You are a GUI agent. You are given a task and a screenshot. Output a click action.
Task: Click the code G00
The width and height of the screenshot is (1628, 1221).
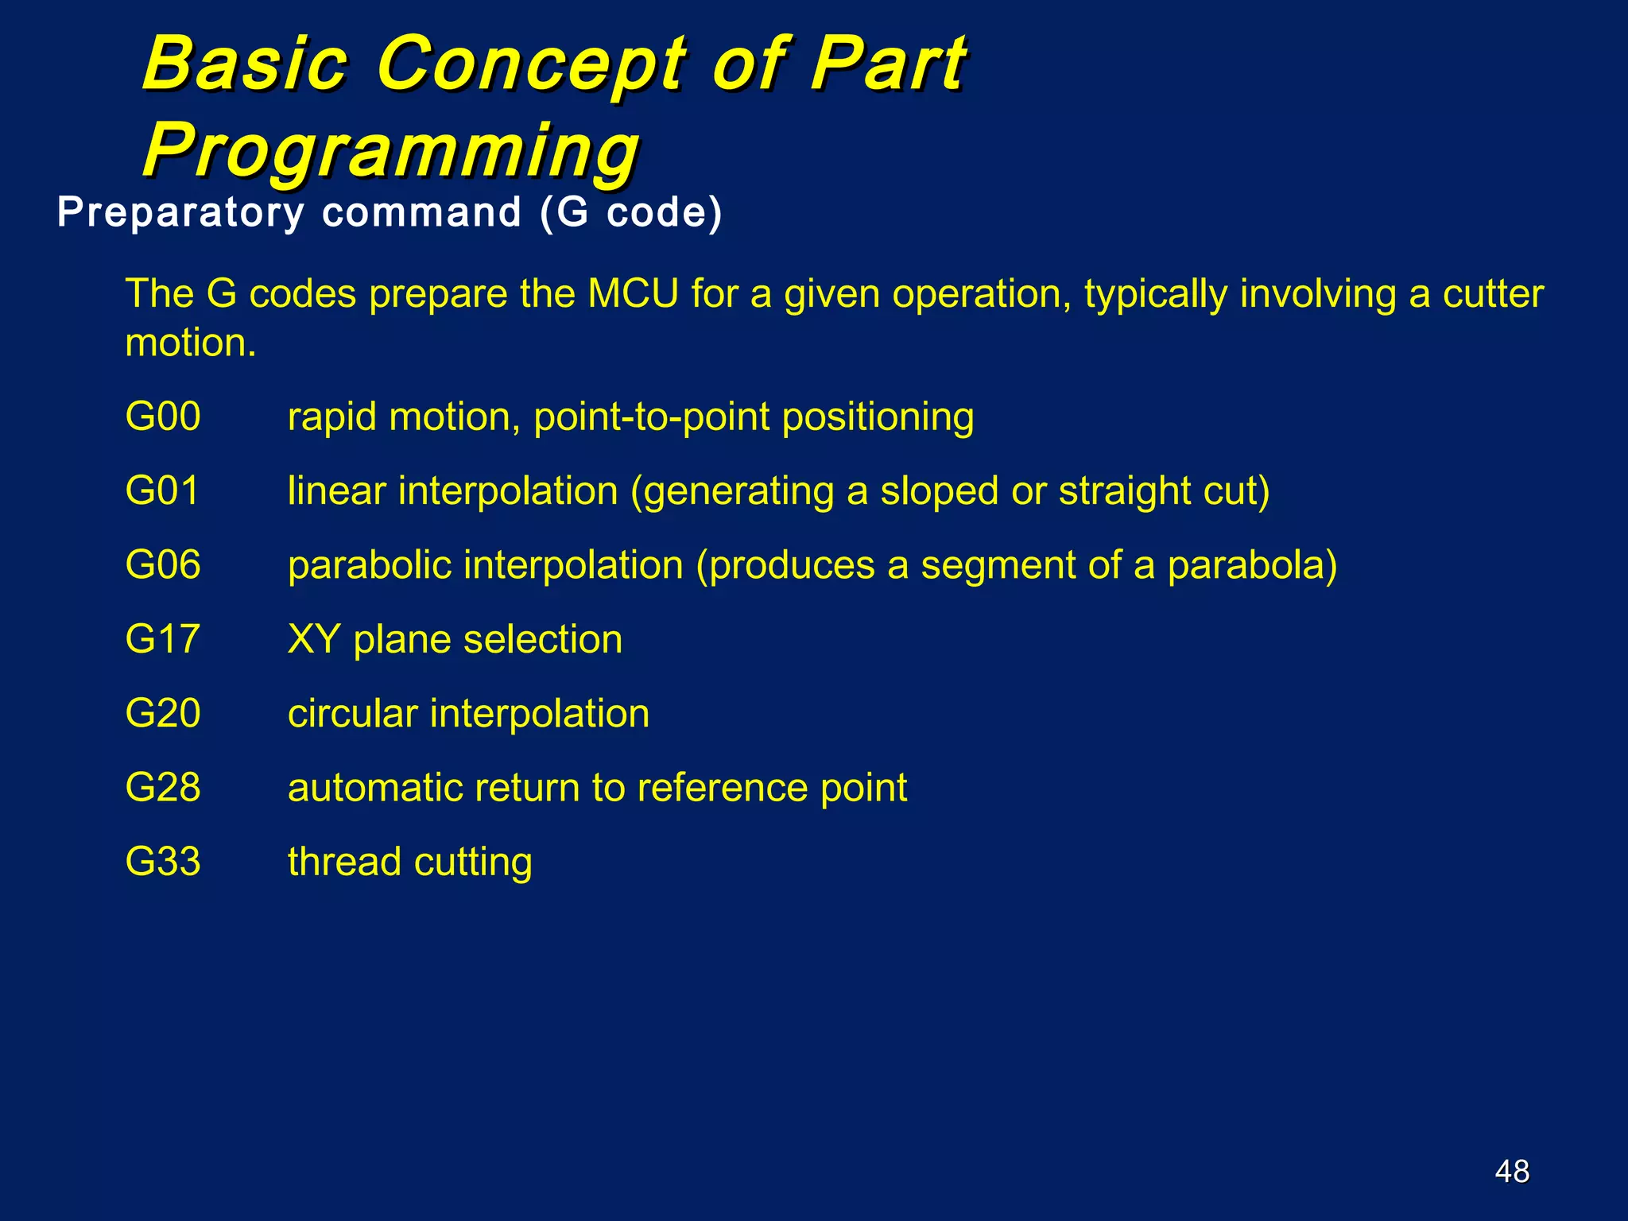[163, 417]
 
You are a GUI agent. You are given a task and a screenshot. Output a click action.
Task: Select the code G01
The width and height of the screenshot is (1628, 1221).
[162, 491]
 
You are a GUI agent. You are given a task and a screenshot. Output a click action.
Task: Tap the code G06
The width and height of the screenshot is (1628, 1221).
[163, 565]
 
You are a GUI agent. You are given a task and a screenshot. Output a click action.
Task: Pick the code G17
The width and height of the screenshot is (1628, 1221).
[162, 639]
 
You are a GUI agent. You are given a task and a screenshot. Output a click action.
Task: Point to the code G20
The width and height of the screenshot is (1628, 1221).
[163, 713]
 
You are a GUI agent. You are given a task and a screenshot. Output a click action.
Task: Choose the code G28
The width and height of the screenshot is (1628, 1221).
[163, 788]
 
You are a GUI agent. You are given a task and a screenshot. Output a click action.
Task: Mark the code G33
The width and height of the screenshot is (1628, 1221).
[163, 862]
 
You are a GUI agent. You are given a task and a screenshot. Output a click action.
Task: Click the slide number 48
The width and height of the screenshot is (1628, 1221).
[1512, 1171]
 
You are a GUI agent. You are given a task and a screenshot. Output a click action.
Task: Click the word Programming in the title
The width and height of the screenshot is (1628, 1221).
[391, 149]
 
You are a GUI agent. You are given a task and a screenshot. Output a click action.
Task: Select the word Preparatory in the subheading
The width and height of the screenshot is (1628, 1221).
[180, 213]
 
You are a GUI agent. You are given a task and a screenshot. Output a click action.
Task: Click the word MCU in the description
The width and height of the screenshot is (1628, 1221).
[633, 294]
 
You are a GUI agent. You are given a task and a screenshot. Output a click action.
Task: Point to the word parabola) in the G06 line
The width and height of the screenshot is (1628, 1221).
[1252, 565]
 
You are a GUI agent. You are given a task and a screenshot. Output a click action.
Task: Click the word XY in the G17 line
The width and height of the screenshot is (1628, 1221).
[314, 639]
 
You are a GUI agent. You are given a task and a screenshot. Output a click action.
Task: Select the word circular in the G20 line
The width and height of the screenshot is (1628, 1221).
[352, 713]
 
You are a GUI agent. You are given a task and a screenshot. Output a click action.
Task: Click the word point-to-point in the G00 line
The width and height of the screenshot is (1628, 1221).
[651, 417]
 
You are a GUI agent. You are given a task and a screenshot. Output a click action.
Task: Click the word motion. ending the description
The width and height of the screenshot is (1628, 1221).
[191, 343]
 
